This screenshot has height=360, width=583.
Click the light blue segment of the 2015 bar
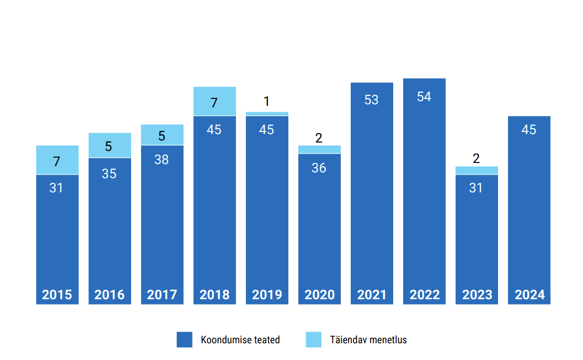click(57, 160)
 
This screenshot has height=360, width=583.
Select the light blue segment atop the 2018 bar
click(214, 101)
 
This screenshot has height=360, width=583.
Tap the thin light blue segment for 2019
click(267, 114)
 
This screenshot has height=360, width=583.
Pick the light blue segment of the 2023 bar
click(477, 170)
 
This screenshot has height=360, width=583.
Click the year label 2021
click(372, 294)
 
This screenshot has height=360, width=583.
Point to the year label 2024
click(530, 294)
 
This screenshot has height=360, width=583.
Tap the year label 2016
click(109, 294)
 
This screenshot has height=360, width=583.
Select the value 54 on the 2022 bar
click(424, 96)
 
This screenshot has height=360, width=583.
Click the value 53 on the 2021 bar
click(371, 100)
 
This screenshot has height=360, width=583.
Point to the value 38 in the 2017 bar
click(161, 159)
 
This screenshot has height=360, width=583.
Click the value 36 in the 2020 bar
click(319, 168)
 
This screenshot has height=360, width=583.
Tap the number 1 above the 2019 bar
click(266, 101)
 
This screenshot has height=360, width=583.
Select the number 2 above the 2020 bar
click(319, 138)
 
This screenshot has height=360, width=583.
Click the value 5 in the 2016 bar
click(108, 146)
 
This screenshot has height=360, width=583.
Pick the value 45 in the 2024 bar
click(528, 129)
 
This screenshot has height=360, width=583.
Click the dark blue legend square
click(185, 340)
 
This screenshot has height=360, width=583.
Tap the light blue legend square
click(314, 340)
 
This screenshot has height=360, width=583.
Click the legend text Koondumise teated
click(240, 340)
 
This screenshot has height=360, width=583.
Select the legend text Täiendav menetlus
click(368, 340)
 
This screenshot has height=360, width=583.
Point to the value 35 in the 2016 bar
click(109, 173)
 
